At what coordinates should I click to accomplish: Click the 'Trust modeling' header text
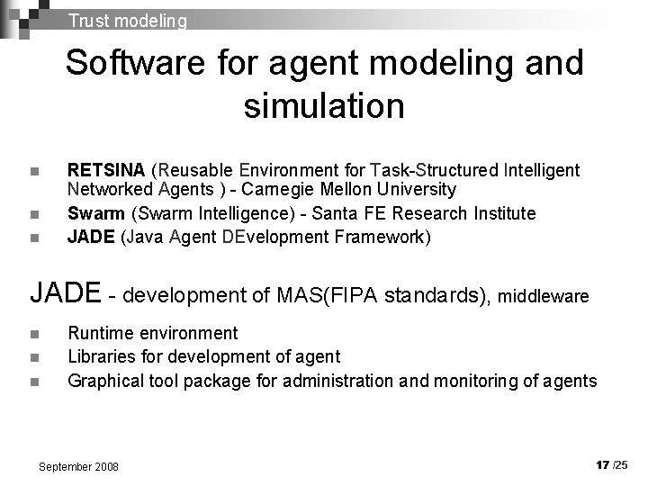click(127, 20)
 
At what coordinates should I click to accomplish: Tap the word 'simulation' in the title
click(323, 106)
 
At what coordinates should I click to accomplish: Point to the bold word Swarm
click(91, 213)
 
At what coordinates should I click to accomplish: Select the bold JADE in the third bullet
click(91, 237)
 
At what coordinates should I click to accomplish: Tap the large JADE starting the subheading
click(65, 292)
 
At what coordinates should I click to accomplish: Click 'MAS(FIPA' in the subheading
click(328, 294)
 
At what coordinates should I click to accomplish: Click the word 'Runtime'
click(100, 334)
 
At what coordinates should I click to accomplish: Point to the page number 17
click(602, 464)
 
